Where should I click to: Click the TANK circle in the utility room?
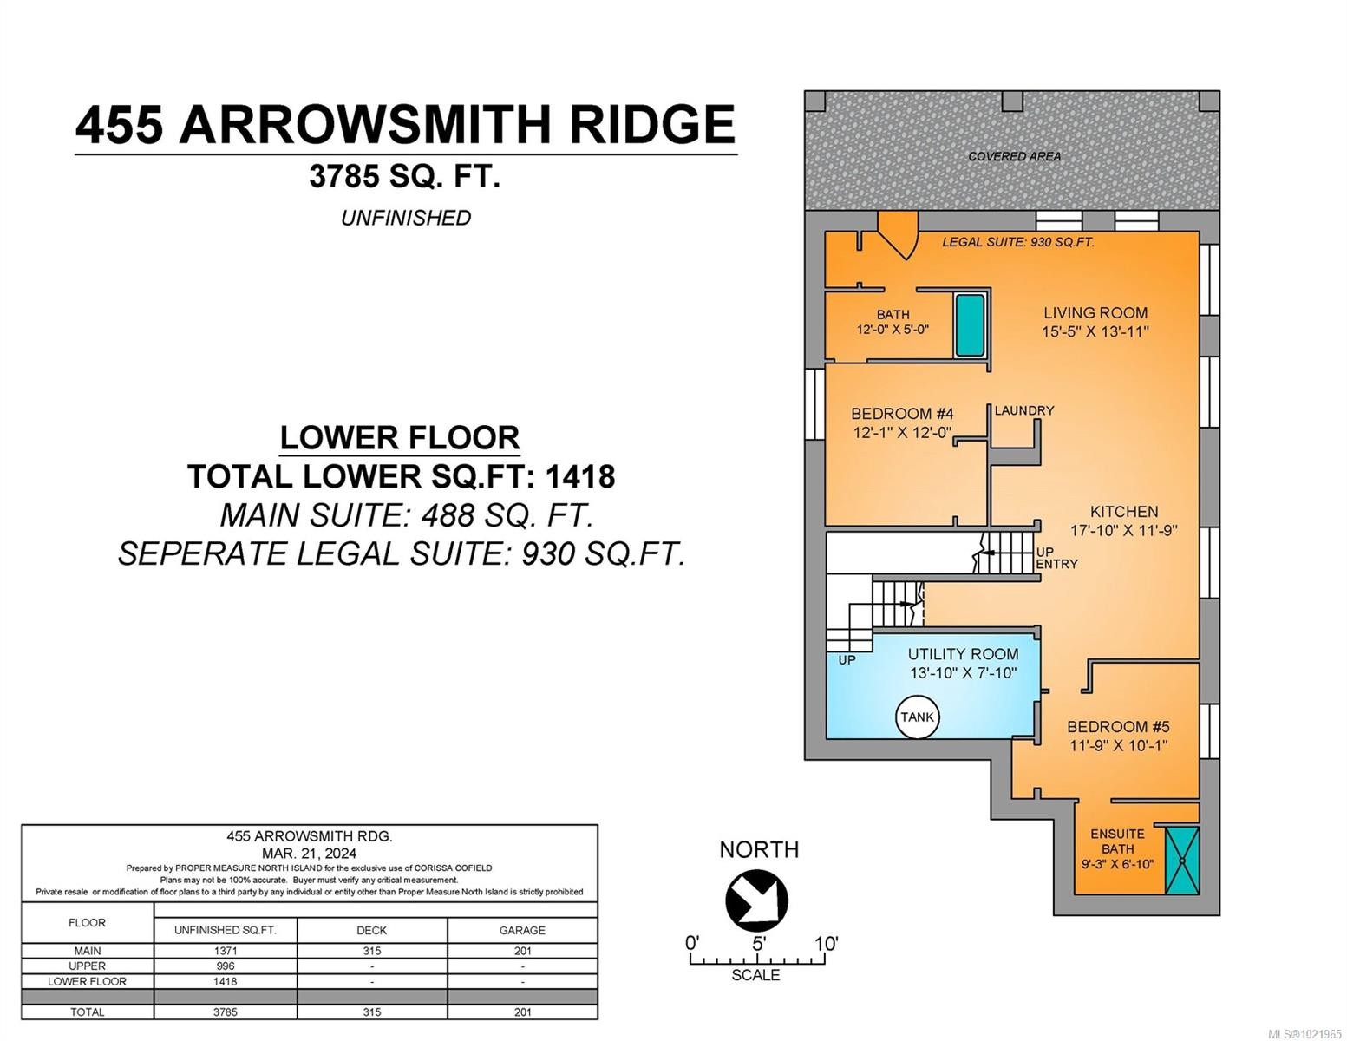click(x=917, y=717)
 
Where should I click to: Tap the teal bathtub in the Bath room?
click(x=970, y=325)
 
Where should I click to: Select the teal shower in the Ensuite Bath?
click(x=1181, y=860)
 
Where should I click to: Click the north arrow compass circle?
click(x=756, y=900)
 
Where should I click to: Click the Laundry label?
click(x=1023, y=410)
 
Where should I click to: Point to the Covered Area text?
click(x=1014, y=156)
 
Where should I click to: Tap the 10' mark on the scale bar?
click(x=825, y=943)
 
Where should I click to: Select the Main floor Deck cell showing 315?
click(x=372, y=951)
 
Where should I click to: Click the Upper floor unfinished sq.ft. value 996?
click(x=225, y=966)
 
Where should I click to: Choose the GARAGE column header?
click(x=522, y=930)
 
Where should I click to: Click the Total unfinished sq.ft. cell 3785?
click(x=225, y=1012)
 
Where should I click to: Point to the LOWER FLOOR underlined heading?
click(x=400, y=437)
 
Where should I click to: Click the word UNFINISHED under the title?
click(x=405, y=218)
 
